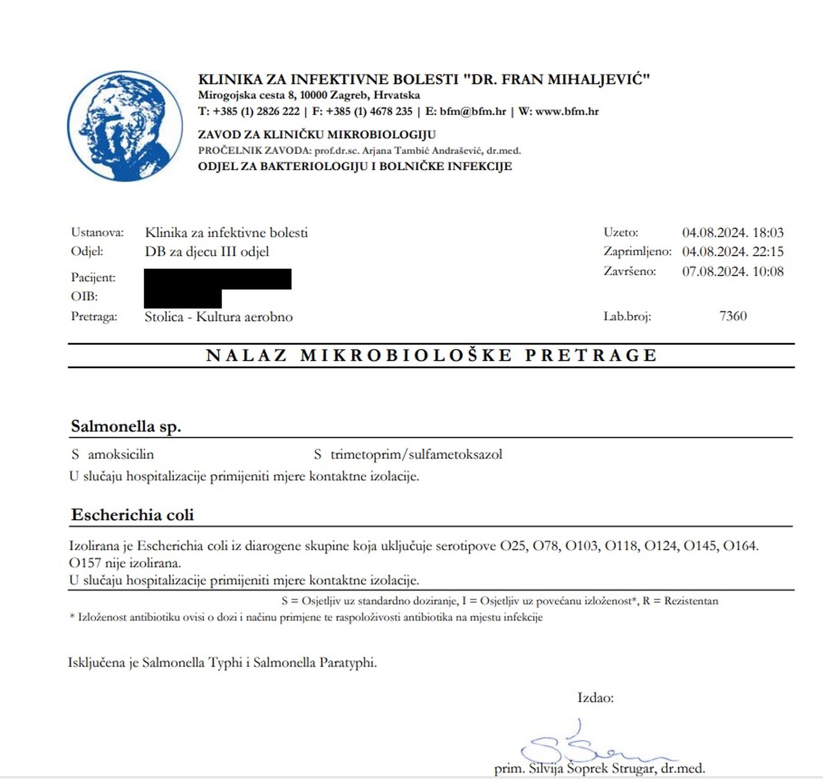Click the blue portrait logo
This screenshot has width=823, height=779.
coord(124,126)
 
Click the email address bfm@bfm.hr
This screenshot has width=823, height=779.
coord(473,111)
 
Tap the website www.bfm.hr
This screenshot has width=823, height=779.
coord(566,111)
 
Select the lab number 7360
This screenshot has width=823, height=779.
coord(732,316)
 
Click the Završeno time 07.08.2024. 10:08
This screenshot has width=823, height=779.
coord(732,271)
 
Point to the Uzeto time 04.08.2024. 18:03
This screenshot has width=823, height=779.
coord(732,232)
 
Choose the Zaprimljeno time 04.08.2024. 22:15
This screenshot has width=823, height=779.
coord(732,252)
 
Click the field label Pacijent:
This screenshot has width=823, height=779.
coord(93,277)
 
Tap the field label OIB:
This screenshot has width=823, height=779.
coord(84,296)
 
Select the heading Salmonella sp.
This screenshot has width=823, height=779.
coord(126,426)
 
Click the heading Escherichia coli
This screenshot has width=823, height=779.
coord(132,515)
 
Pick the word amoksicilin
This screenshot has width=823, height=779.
coord(121,455)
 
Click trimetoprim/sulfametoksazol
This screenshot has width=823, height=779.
coord(416,455)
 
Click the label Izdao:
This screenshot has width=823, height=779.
coord(595,698)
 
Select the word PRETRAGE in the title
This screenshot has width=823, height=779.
coord(590,356)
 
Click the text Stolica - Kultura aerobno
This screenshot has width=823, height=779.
coord(219,316)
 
